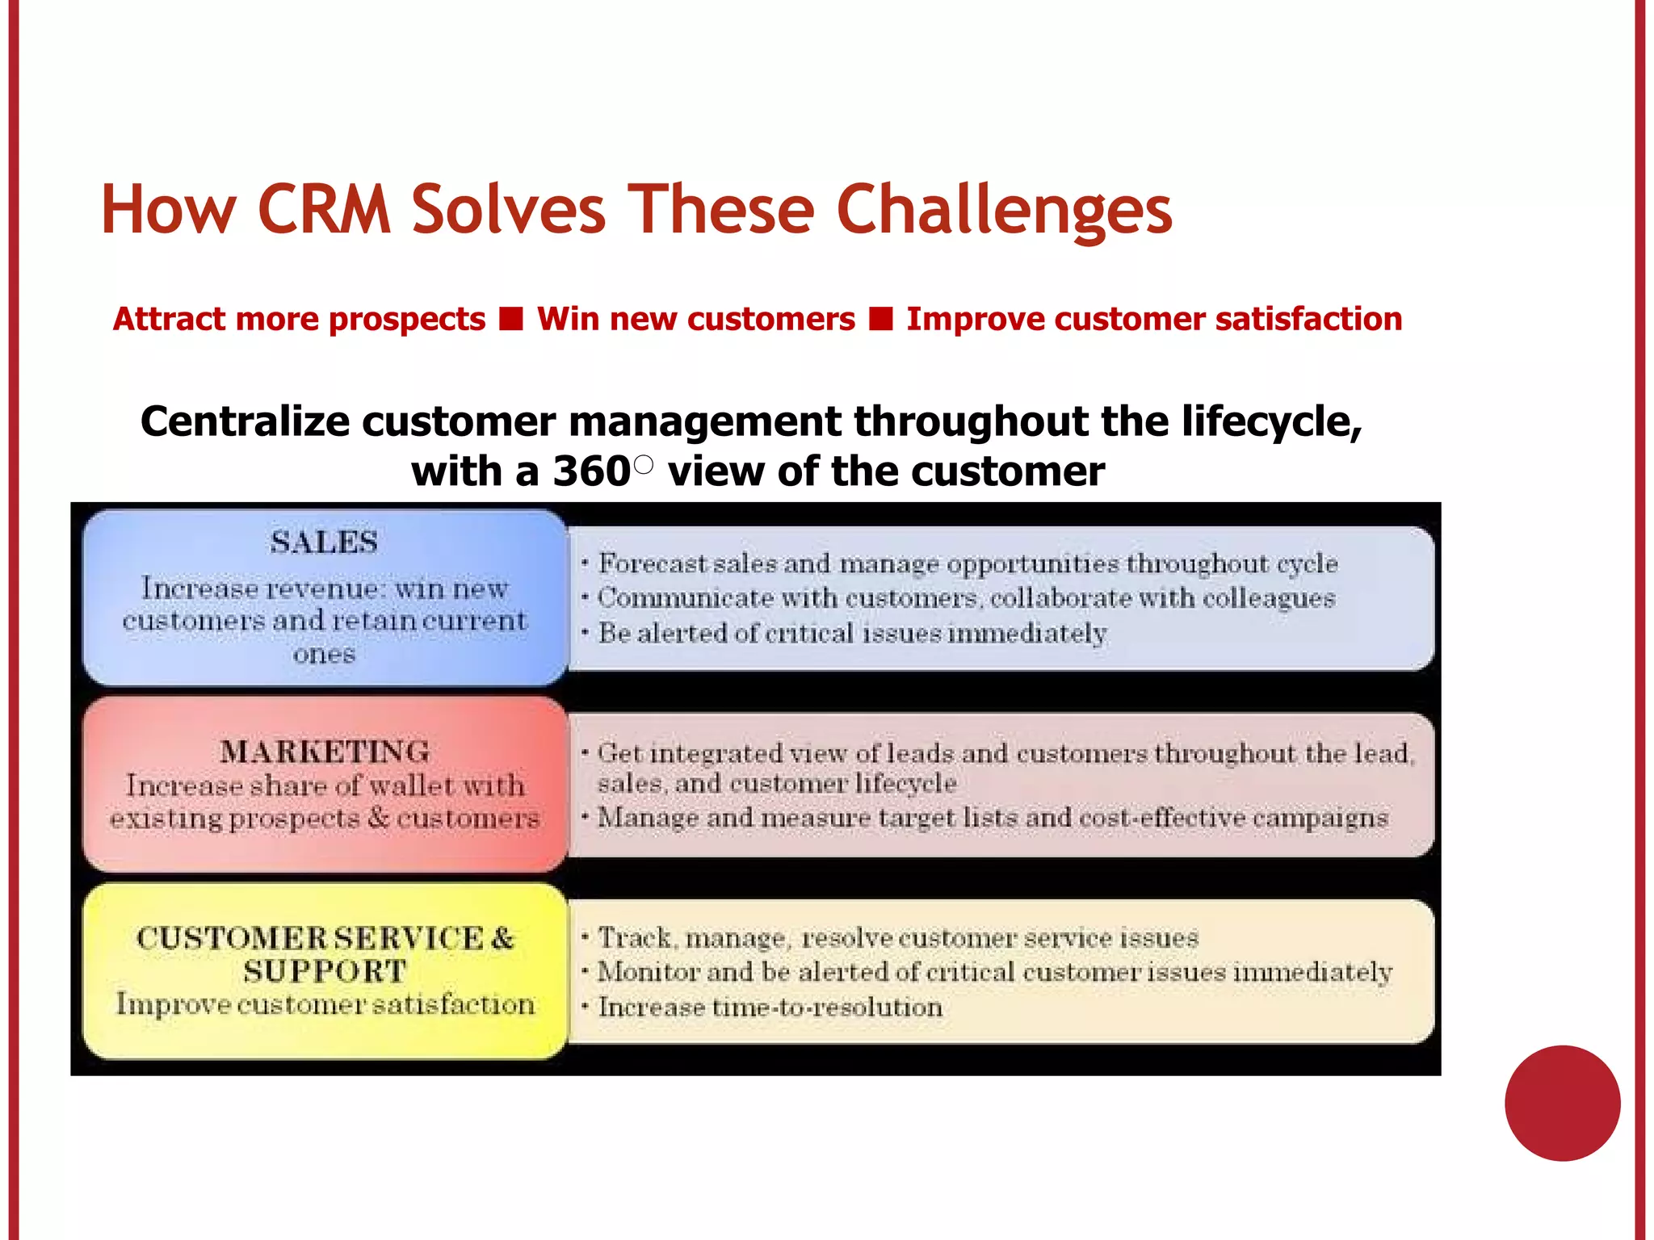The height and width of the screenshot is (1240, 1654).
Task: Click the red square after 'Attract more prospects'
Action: pyautogui.click(x=511, y=319)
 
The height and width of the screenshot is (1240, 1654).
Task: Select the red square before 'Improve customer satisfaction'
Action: pyautogui.click(x=880, y=319)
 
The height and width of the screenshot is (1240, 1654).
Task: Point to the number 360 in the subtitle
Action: pyautogui.click(x=590, y=471)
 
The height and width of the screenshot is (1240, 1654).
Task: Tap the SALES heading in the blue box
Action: pyautogui.click(x=324, y=542)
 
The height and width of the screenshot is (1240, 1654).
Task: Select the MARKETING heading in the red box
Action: pyautogui.click(x=325, y=752)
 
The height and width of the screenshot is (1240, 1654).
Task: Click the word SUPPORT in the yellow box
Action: pyautogui.click(x=325, y=971)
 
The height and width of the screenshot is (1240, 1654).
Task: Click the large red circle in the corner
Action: pyautogui.click(x=1562, y=1103)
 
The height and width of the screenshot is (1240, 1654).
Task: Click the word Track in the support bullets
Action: pyautogui.click(x=635, y=938)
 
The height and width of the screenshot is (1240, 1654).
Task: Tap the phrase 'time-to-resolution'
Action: pyautogui.click(x=827, y=1007)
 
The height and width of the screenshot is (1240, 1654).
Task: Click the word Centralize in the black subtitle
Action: pyautogui.click(x=245, y=421)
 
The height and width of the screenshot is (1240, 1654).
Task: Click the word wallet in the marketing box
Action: pyautogui.click(x=413, y=785)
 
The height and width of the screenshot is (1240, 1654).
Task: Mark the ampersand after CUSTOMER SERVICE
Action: pyautogui.click(x=502, y=938)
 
